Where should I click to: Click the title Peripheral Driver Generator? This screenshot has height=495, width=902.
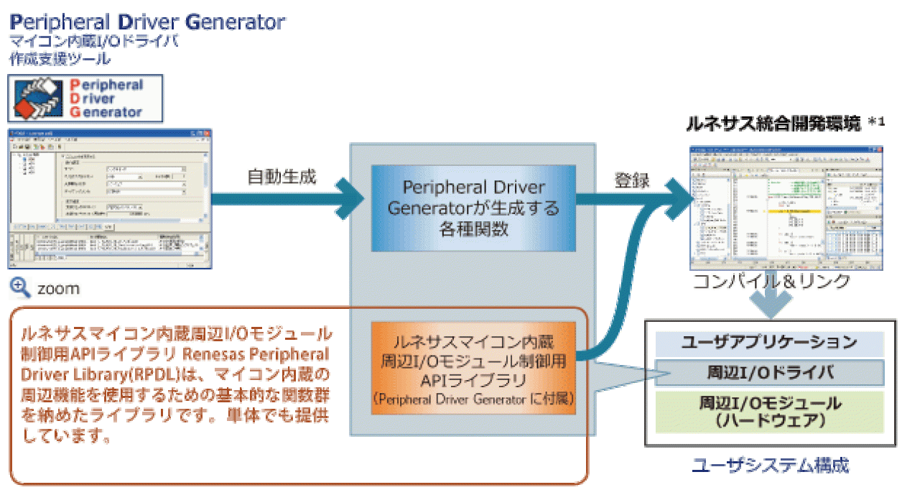click(147, 22)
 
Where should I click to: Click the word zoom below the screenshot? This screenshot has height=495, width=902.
click(58, 289)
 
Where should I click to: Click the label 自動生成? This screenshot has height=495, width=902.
click(282, 177)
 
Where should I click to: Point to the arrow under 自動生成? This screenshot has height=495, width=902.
click(287, 206)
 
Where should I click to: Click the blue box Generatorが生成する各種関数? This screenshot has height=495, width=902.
click(473, 208)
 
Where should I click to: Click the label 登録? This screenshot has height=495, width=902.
click(632, 180)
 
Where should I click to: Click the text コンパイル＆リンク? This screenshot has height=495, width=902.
click(771, 281)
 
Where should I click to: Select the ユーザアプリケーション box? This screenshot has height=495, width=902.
click(769, 342)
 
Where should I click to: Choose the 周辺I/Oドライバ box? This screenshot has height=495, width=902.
click(769, 373)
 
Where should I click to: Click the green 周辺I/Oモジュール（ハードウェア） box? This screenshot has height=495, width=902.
click(769, 411)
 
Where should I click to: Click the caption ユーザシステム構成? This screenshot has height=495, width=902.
click(770, 466)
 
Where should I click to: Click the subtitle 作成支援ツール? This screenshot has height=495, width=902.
click(60, 58)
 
